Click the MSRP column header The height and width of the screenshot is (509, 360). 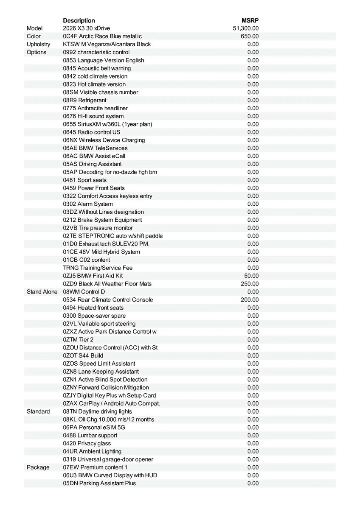[x=250, y=20]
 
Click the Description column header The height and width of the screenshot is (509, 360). [x=79, y=20]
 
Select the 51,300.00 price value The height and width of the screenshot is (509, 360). [x=246, y=28]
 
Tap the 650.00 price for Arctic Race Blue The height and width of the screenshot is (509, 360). [x=250, y=36]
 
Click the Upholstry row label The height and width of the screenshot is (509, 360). [x=38, y=44]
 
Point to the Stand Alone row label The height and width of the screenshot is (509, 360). [x=42, y=292]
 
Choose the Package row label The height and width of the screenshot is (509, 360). [x=38, y=467]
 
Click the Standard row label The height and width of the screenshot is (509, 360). [x=38, y=411]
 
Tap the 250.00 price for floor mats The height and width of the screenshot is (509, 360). [x=250, y=284]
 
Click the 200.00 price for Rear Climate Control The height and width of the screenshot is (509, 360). [x=250, y=300]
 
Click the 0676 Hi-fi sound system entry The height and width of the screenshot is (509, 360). [x=93, y=116]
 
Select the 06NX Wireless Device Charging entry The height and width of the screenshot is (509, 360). [x=104, y=140]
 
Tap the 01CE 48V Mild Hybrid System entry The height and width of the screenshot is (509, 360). [x=101, y=252]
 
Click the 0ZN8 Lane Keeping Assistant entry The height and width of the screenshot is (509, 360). [x=101, y=372]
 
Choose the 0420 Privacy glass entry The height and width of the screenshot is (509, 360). [x=87, y=443]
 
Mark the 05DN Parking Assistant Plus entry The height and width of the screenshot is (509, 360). [x=99, y=483]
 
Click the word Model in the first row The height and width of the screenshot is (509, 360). [x=34, y=28]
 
